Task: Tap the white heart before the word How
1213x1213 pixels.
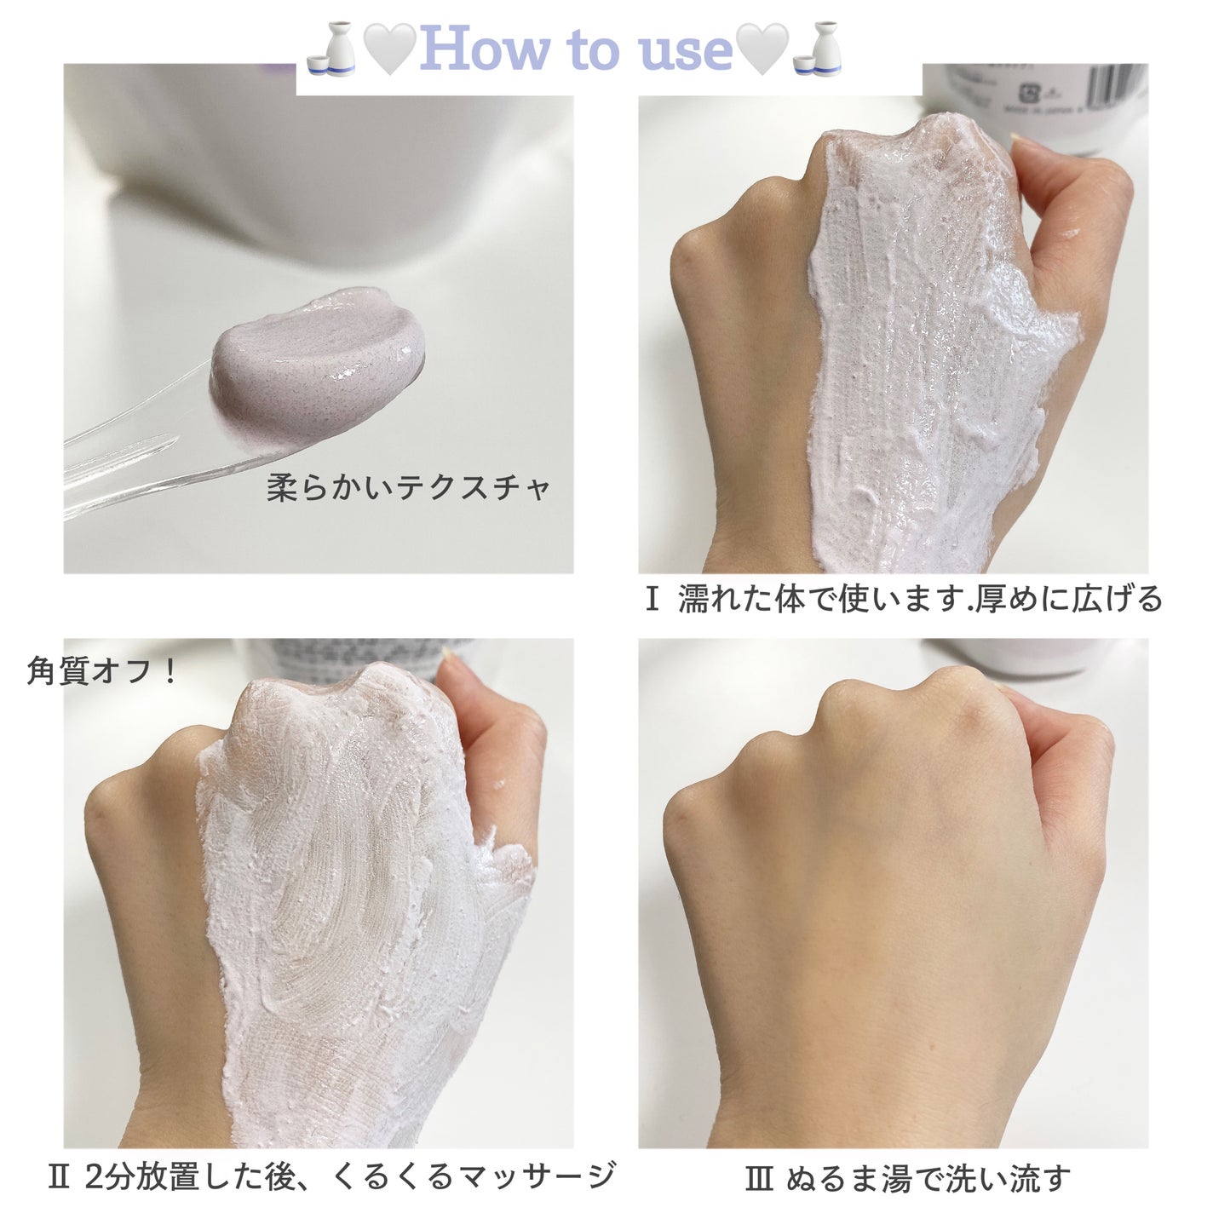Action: coord(390,49)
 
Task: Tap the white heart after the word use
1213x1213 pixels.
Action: coord(762,49)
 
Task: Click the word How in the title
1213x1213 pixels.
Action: coord(485,49)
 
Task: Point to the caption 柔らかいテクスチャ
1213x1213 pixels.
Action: coord(409,487)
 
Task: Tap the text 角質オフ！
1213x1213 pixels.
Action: coord(102,671)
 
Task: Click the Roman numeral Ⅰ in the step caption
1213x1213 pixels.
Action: coord(652,600)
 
